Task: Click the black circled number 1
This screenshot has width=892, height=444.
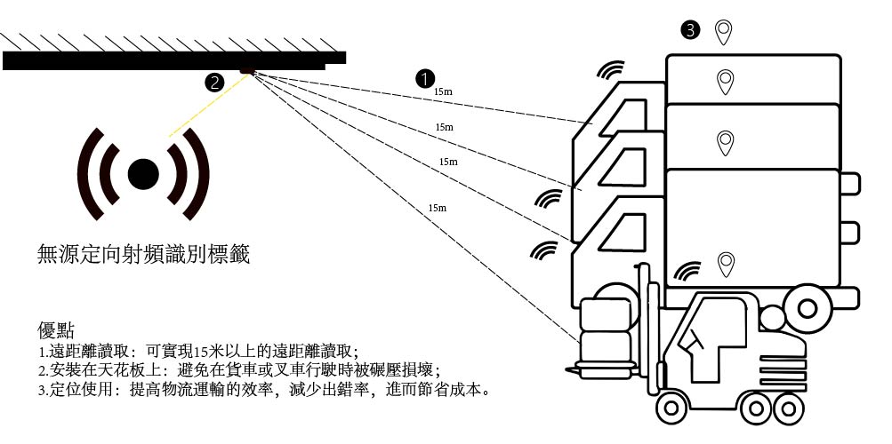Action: click(425, 78)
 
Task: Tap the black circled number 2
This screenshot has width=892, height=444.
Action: click(213, 83)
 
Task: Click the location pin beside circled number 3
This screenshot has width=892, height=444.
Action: click(725, 32)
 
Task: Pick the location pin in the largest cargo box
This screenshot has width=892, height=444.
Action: click(726, 264)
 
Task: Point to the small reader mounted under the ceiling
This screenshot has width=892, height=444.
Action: click(247, 69)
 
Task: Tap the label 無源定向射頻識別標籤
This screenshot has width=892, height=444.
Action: click(143, 255)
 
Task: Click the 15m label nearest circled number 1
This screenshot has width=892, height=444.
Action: click(443, 91)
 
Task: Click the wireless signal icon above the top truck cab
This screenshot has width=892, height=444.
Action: click(612, 70)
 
